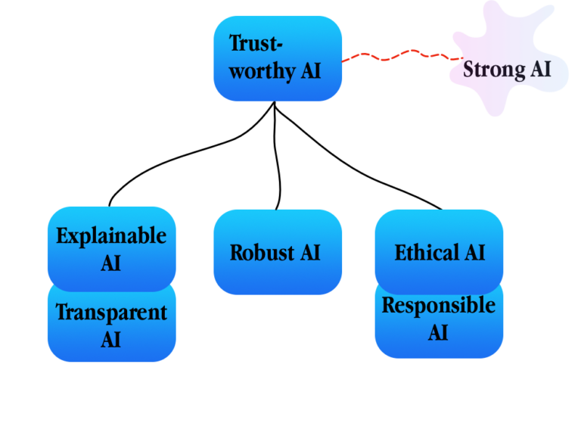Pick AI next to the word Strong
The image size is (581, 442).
(x=539, y=70)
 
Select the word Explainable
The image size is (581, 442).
(x=111, y=235)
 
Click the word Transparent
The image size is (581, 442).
(x=111, y=312)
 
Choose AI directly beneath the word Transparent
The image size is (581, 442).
(x=111, y=339)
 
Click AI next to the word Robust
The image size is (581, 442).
(x=310, y=252)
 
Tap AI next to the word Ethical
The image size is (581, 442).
(x=473, y=252)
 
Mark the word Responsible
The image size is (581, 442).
(x=439, y=305)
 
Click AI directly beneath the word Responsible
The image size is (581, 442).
(x=439, y=332)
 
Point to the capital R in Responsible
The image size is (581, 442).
(x=388, y=305)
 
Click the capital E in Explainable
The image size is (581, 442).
(x=62, y=235)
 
